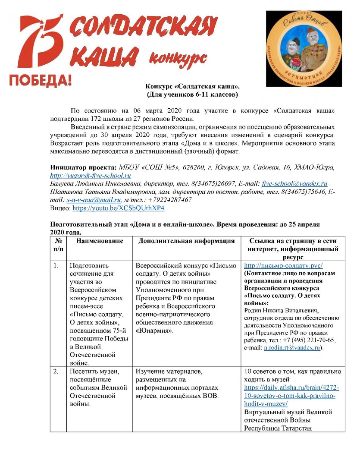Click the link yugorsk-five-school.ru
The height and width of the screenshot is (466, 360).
91,176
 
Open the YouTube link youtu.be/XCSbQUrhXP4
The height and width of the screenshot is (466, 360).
118,208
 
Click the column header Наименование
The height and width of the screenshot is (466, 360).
100,241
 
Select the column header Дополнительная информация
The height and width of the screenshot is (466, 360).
186,241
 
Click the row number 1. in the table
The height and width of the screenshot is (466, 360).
56,266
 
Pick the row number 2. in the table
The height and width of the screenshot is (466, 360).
56,371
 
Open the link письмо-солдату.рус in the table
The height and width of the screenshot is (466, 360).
283,266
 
